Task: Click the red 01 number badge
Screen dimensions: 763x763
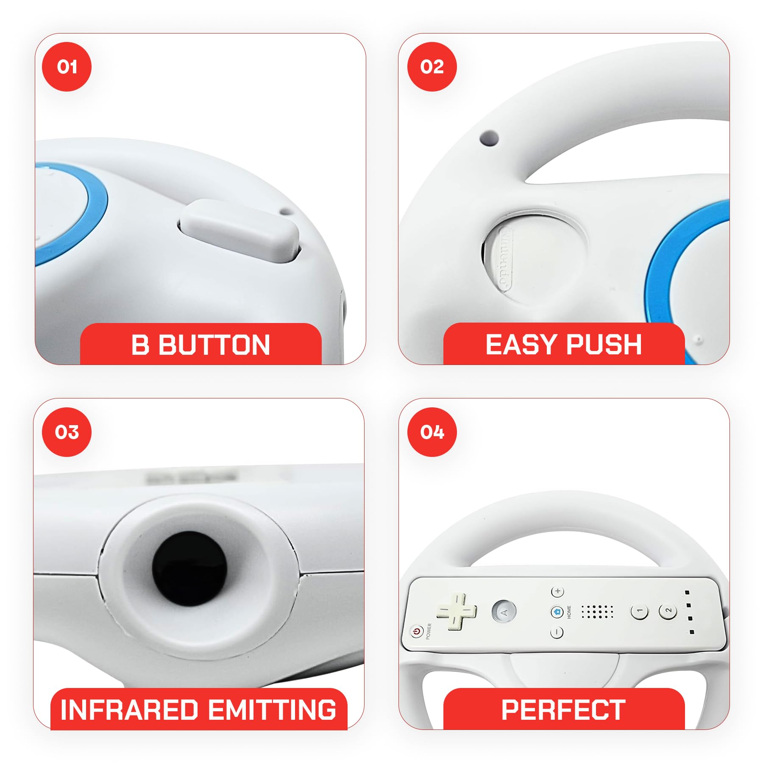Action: click(67, 67)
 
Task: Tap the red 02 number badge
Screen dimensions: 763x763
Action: click(432, 67)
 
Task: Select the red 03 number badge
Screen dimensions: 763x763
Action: click(67, 432)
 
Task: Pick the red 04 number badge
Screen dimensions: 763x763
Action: click(432, 432)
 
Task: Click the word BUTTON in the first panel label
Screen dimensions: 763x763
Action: click(214, 345)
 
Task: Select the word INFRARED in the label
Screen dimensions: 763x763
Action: click(129, 710)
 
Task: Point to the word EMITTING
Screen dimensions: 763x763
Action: click(273, 710)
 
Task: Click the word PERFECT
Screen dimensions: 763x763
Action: click(563, 710)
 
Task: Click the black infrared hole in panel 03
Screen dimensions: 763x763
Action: click(189, 568)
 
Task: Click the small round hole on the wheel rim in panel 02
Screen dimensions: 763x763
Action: click(489, 138)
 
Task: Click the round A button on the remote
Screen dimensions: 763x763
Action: click(504, 612)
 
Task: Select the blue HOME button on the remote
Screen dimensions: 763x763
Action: click(557, 612)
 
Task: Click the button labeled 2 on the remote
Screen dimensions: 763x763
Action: click(668, 611)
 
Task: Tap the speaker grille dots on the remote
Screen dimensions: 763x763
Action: click(597, 612)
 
